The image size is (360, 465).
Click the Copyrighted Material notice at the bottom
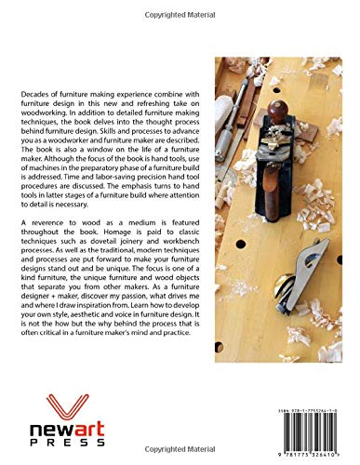(179, 457)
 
